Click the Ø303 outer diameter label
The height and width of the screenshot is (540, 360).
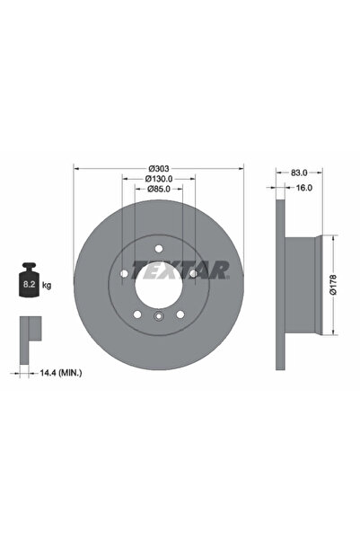(159, 169)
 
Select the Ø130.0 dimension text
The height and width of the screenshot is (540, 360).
(159, 179)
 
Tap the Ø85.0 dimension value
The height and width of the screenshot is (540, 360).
(159, 190)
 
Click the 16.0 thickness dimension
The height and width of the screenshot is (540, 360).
(304, 189)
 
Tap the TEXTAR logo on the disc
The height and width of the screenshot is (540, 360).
(180, 269)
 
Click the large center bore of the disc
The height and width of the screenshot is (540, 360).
(158, 283)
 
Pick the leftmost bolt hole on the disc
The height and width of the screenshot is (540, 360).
(124, 274)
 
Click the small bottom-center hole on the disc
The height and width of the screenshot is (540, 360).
(158, 316)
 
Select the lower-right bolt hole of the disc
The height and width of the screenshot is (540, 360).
(180, 313)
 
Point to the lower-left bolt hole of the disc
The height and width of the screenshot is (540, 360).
(136, 313)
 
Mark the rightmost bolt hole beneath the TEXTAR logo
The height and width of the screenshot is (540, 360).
(192, 274)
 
